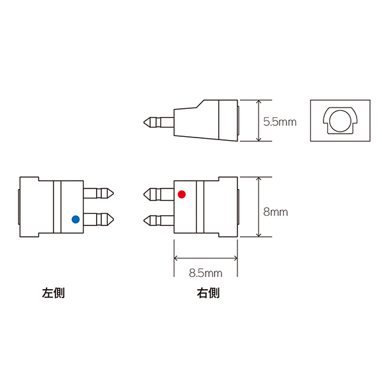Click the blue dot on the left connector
[x=76, y=219]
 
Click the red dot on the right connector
[x=181, y=194]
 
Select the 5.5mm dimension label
[x=279, y=122]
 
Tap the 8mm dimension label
[x=276, y=212]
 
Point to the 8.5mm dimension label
[x=206, y=273]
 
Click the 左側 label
[x=53, y=293]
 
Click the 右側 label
[x=208, y=293]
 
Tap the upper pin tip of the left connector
[x=114, y=194]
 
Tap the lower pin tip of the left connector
[x=114, y=220]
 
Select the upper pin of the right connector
[x=159, y=194]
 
